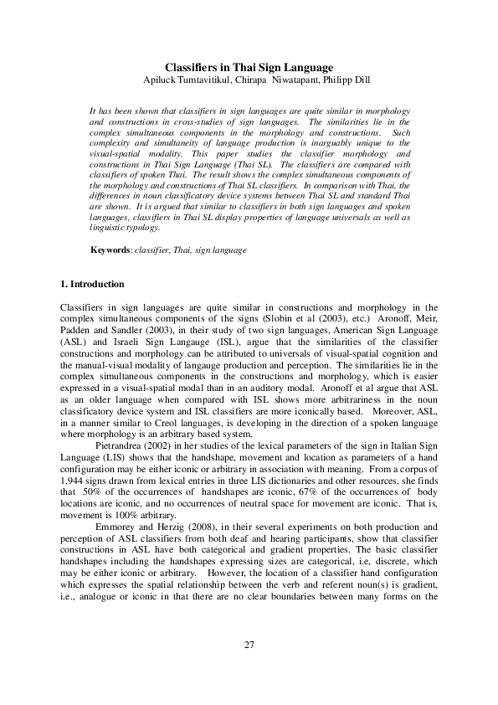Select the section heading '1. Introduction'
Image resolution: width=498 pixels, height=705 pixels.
point(93,284)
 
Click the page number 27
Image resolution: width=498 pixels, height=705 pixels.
point(249,644)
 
